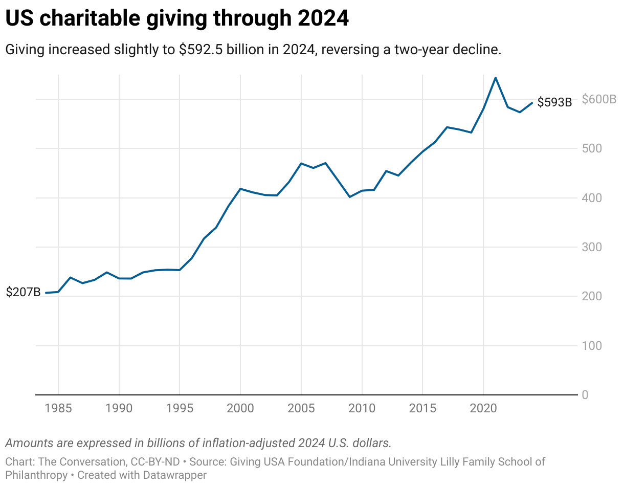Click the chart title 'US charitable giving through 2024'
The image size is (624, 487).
click(176, 19)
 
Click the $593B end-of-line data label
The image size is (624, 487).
click(554, 102)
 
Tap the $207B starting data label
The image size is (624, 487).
click(23, 293)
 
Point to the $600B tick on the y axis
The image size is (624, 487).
click(599, 99)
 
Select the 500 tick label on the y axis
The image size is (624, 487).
click(592, 148)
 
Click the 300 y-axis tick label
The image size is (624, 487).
click(592, 247)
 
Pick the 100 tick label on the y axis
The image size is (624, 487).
click(592, 346)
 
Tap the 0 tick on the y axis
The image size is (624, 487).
click(585, 395)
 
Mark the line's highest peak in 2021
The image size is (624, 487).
click(495, 78)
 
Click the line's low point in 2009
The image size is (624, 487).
click(350, 197)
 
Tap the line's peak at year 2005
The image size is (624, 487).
click(301, 163)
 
